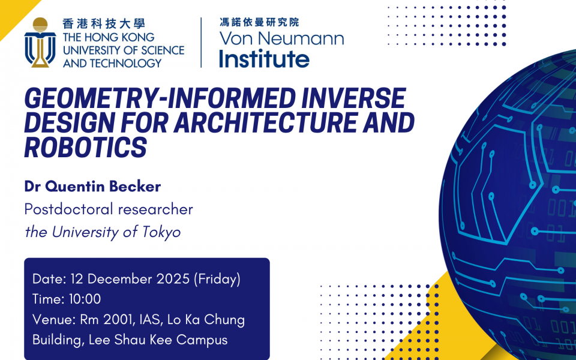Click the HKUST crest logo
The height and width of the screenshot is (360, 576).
point(40,43)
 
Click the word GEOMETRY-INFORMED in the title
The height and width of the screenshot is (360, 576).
point(160,98)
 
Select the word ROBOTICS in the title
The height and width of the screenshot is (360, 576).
point(86,148)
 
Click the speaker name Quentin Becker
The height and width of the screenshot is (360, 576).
point(103,186)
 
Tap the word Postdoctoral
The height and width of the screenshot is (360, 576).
point(68,209)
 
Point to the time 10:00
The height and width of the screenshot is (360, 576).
point(85,299)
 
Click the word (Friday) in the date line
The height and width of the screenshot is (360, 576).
point(217,279)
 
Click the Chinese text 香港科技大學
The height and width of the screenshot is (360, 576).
point(104,24)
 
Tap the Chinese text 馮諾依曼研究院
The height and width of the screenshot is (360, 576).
point(259,22)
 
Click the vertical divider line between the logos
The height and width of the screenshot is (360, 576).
point(201,43)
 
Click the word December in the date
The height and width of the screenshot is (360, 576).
point(120,279)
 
